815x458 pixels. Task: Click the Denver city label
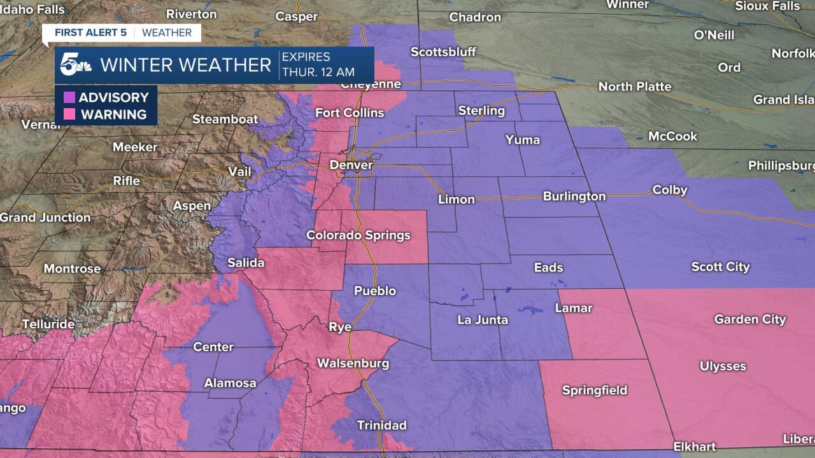tap(351, 165)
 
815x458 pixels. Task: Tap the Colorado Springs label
tap(358, 235)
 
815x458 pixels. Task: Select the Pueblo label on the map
tap(374, 291)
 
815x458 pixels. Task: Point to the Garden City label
tap(749, 319)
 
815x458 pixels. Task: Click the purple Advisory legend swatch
tap(69, 97)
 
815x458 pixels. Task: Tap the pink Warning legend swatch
tap(69, 115)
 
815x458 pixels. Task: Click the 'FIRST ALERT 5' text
tap(90, 33)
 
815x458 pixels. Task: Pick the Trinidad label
tap(381, 425)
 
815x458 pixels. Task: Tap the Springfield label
tap(595, 390)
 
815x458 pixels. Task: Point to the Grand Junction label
tap(45, 218)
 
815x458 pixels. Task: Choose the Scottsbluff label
tap(444, 52)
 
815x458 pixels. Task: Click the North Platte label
tap(635, 87)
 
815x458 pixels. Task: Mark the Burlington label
tap(574, 196)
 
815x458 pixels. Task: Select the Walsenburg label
tap(353, 364)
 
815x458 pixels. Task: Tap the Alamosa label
tap(230, 383)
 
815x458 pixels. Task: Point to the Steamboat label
tap(225, 119)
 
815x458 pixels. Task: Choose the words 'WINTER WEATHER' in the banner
tap(186, 65)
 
